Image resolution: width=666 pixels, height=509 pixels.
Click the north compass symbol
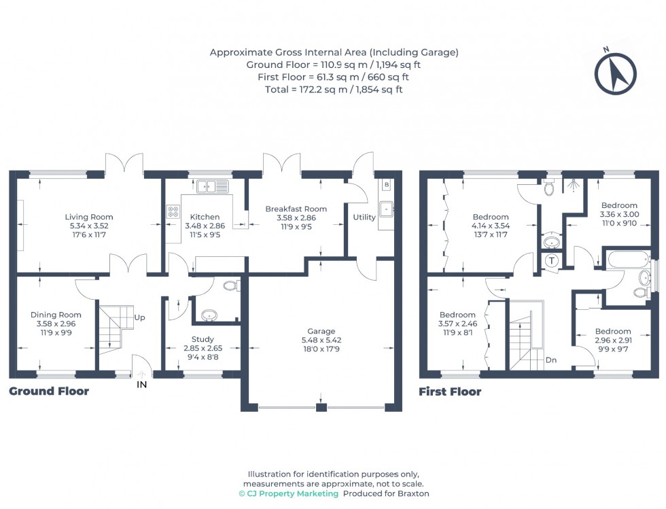(616, 73)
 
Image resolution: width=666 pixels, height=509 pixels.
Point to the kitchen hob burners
(173, 212)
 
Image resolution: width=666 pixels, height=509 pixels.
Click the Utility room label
(364, 217)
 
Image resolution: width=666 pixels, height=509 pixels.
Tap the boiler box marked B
(386, 184)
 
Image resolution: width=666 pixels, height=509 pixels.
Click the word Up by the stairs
(140, 317)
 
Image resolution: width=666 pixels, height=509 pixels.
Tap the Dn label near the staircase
(550, 361)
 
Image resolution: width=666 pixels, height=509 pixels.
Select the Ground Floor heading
(49, 391)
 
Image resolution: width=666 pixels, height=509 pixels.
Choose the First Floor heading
(450, 391)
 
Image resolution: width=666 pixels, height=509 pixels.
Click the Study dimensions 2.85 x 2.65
(203, 348)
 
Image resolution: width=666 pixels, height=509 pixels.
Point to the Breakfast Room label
(296, 209)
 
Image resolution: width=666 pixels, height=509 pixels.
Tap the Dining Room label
(56, 315)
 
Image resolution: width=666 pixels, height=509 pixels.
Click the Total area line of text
(334, 89)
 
